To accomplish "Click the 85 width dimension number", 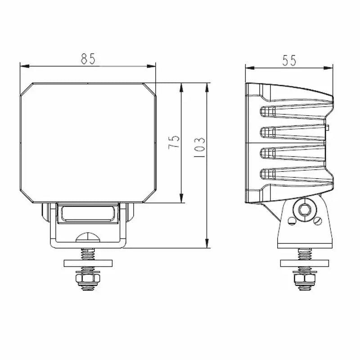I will click(89, 59).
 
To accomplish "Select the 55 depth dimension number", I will click(289, 61).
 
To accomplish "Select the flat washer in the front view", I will click(88, 263).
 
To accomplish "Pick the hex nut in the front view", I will click(88, 281).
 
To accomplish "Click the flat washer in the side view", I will click(304, 263).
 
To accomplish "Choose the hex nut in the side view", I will click(304, 281).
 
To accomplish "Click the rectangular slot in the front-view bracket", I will click(88, 212).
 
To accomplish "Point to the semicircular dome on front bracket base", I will click(88, 237).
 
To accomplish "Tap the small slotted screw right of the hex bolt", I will click(318, 221).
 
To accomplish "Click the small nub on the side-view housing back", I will click(329, 128).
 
